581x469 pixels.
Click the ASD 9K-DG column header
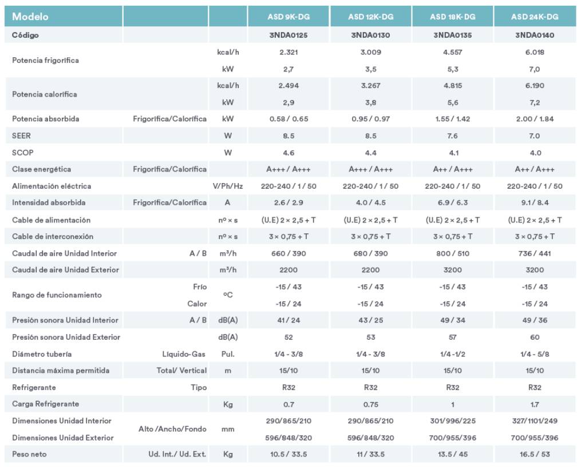pyautogui.click(x=288, y=17)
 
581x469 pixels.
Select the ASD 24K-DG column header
pyautogui.click(x=535, y=17)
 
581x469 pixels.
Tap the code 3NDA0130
pyautogui.click(x=370, y=35)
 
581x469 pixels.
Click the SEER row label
pyautogui.click(x=21, y=136)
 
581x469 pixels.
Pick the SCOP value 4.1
pyautogui.click(x=453, y=153)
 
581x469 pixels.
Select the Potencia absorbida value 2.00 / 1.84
pyautogui.click(x=535, y=119)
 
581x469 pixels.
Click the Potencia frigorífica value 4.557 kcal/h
pyautogui.click(x=453, y=52)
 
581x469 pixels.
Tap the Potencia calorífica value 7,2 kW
pyautogui.click(x=535, y=102)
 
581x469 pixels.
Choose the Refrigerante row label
pyautogui.click(x=34, y=388)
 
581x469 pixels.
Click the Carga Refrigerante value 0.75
pyautogui.click(x=370, y=404)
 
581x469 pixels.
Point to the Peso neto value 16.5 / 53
pyautogui.click(x=535, y=454)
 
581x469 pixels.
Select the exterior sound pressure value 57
pyautogui.click(x=453, y=337)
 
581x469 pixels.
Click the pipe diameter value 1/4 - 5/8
pyautogui.click(x=535, y=354)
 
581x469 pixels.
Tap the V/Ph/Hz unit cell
pyautogui.click(x=227, y=186)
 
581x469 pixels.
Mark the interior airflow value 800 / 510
pyautogui.click(x=453, y=253)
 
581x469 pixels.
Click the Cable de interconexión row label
pyautogui.click(x=53, y=237)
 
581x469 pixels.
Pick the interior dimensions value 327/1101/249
pyautogui.click(x=535, y=421)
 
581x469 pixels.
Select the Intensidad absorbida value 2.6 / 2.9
pyautogui.click(x=288, y=202)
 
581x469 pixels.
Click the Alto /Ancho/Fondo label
pyautogui.click(x=172, y=429)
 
